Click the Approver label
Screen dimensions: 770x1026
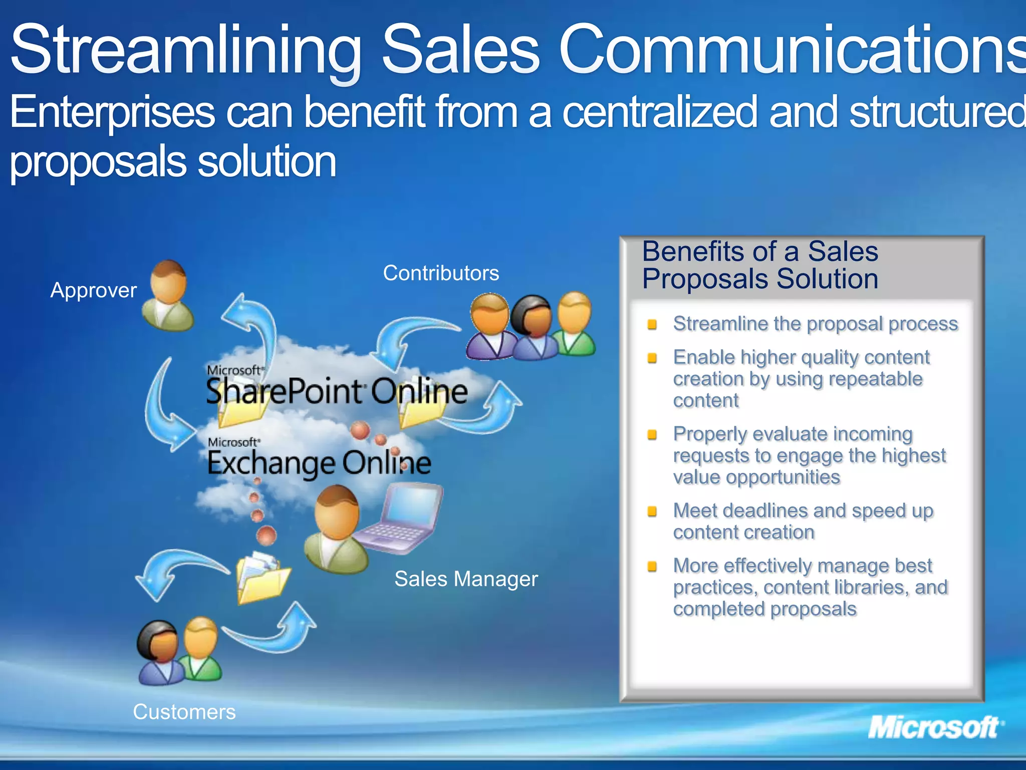[x=94, y=290]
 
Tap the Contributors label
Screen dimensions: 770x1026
[x=441, y=273]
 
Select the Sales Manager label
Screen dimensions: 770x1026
[x=466, y=579]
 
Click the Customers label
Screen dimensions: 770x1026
[x=184, y=712]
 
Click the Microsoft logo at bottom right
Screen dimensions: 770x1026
[x=935, y=727]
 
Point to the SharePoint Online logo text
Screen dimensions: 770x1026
[x=337, y=391]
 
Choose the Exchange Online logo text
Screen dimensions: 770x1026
[x=319, y=462]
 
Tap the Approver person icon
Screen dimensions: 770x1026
[x=168, y=296]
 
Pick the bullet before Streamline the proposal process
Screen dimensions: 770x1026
[x=652, y=324]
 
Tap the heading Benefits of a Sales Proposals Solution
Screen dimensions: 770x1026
[x=760, y=265]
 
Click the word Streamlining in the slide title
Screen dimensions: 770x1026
[x=185, y=50]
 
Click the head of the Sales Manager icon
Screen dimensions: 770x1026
[x=337, y=511]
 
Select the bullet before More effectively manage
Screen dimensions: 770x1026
[x=652, y=566]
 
